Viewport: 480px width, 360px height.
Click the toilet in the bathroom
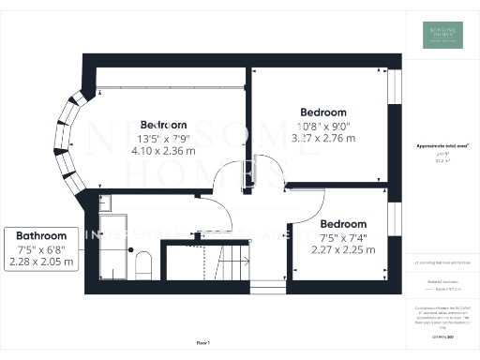click(x=142, y=264)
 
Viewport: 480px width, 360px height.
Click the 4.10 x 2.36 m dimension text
click(x=163, y=150)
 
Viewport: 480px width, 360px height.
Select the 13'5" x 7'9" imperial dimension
click(x=163, y=138)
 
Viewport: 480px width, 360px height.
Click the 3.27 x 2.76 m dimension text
click(x=325, y=137)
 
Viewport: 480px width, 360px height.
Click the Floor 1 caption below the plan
click(x=202, y=344)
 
